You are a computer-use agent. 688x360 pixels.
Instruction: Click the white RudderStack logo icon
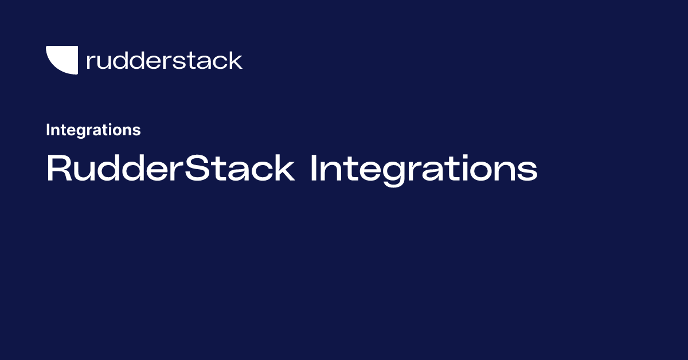[61, 60]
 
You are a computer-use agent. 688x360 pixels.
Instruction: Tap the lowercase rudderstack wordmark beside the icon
[164, 60]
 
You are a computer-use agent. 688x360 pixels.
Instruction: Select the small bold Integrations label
[93, 130]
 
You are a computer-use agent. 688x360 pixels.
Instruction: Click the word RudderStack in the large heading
[170, 169]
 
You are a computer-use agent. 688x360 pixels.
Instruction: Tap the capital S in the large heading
[208, 169]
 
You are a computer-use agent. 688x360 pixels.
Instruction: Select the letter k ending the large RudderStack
[285, 169]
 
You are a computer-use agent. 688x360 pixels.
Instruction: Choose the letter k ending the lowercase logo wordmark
[235, 60]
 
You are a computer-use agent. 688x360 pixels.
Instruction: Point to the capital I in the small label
[48, 130]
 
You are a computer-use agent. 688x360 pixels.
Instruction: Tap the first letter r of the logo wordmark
[89, 62]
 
